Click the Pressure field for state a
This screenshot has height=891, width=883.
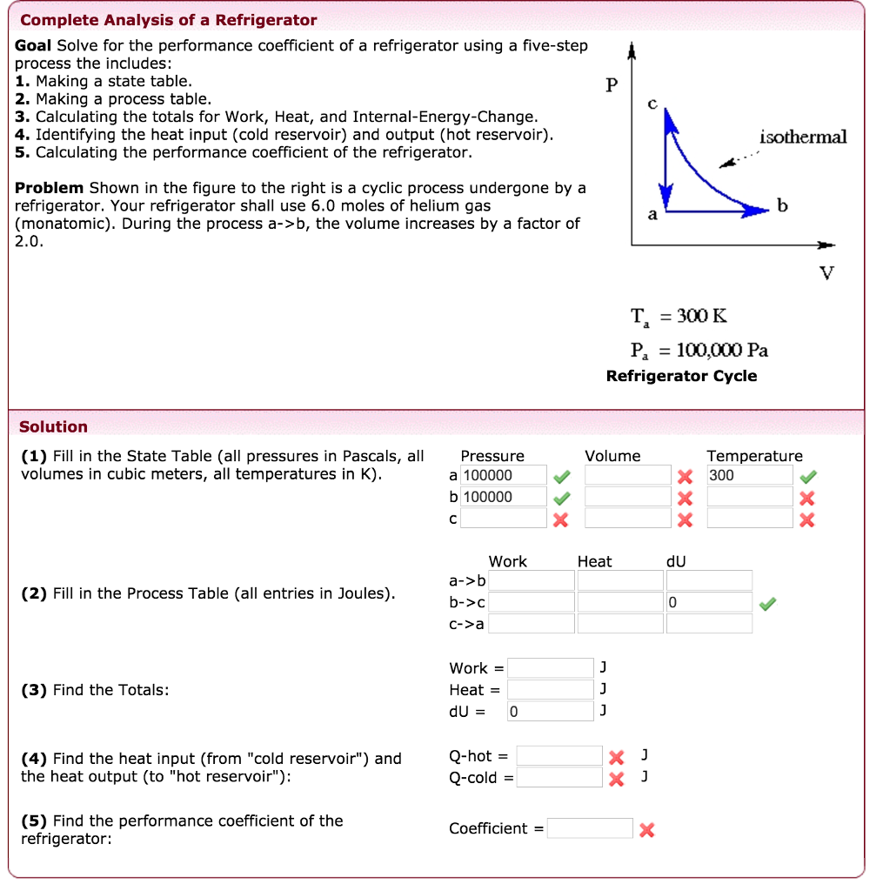(x=504, y=476)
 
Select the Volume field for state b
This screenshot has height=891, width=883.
(x=627, y=497)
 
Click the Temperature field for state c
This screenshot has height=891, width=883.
(x=749, y=519)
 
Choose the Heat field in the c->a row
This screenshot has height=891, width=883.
(x=619, y=623)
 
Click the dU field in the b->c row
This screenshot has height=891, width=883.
(x=708, y=602)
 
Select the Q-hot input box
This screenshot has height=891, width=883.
(x=559, y=755)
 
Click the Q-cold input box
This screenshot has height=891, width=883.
(x=559, y=777)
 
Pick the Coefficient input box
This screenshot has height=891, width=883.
(x=590, y=828)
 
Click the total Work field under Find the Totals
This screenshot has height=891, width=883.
(x=550, y=668)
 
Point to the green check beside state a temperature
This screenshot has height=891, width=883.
(x=808, y=476)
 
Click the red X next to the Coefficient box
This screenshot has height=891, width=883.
(x=646, y=830)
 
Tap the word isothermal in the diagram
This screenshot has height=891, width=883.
(x=802, y=137)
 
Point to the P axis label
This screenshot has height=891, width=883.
(x=612, y=85)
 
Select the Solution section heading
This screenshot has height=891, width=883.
(x=54, y=426)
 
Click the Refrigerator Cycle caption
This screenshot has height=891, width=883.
(x=681, y=376)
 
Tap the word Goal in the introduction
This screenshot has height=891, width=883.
(x=34, y=45)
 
